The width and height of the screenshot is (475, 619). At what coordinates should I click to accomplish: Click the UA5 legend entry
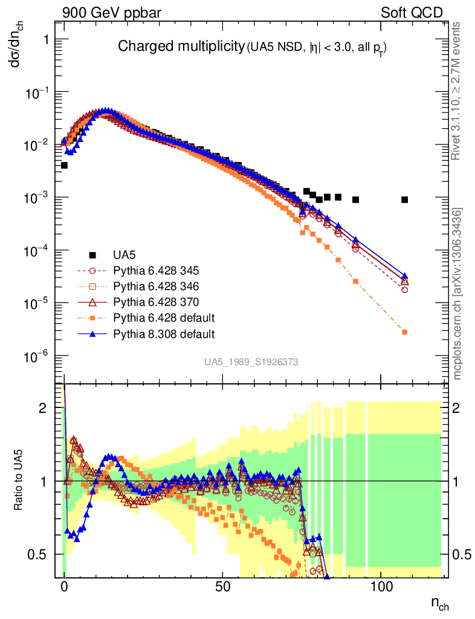[112, 255]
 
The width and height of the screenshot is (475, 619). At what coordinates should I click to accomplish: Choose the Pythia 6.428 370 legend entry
[138, 302]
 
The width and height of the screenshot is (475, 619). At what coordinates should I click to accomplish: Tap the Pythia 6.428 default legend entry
[146, 318]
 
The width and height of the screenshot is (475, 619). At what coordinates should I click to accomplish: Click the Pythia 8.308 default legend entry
[146, 334]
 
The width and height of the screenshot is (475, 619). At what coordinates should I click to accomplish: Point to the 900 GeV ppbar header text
[112, 13]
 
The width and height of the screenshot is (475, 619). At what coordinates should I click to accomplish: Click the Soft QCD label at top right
[412, 13]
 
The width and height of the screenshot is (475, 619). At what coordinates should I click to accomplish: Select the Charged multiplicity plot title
[181, 46]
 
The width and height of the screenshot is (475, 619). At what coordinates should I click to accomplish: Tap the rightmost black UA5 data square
[404, 199]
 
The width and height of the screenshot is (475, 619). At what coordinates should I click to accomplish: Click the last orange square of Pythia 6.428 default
[404, 332]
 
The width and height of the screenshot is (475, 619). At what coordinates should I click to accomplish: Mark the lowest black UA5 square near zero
[64, 166]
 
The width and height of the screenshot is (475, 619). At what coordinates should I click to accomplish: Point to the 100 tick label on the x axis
[381, 586]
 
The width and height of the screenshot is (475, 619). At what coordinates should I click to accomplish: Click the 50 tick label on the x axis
[222, 586]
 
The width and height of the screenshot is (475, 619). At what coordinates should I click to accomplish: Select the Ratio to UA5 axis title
[18, 480]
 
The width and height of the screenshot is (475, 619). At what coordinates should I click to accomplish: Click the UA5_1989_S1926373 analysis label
[251, 362]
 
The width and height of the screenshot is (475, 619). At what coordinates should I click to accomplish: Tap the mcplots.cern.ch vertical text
[456, 294]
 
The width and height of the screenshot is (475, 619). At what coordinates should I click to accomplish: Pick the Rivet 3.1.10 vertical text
[456, 91]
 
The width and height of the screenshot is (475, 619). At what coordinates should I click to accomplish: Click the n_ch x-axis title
[439, 603]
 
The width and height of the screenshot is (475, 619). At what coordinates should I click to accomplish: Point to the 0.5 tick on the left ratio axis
[37, 555]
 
